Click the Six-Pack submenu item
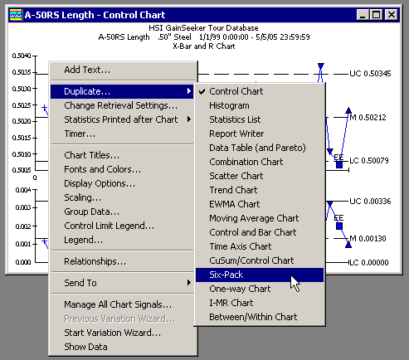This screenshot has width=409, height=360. [x=260, y=275]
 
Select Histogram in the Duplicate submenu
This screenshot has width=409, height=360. [x=229, y=105]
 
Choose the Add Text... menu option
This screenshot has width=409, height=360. [x=87, y=70]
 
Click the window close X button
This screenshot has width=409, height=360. [x=392, y=15]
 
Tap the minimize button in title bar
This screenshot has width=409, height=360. [x=363, y=15]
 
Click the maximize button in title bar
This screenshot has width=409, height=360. [x=376, y=15]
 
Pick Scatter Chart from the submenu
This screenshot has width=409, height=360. [x=236, y=176]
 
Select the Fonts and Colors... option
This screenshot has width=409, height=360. [x=102, y=169]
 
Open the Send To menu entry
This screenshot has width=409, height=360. [x=80, y=283]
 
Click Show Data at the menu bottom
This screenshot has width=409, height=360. [x=85, y=347]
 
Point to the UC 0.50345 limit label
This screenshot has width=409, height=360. [x=370, y=74]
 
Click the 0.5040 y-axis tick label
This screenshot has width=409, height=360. [x=22, y=56]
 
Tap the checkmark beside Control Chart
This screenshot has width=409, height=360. [x=202, y=91]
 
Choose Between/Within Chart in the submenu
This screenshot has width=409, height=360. [x=253, y=317]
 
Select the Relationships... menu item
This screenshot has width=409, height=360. [x=95, y=261]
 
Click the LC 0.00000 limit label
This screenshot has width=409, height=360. [x=369, y=262]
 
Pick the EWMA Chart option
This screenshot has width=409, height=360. [x=235, y=204]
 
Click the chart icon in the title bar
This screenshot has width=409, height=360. [x=16, y=15]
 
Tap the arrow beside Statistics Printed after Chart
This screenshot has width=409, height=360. [x=189, y=119]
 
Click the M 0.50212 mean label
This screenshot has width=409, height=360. [x=368, y=118]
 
